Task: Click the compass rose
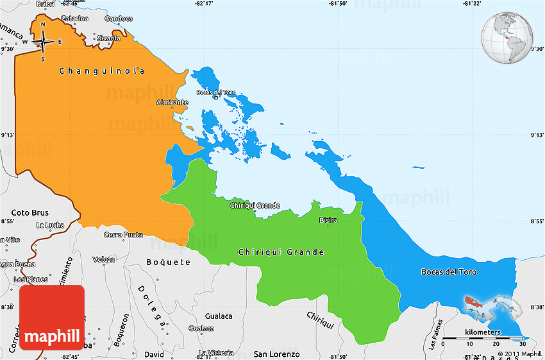coord(43,42)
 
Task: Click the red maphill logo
coord(51,318)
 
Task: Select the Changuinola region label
coord(101,71)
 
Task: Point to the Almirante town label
coord(172,103)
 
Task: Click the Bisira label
coord(328,220)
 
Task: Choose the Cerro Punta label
coord(123,235)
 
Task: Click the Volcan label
coord(104,260)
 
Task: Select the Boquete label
coord(168,262)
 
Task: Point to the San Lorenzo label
coord(276,354)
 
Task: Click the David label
coord(154,354)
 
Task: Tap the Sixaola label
coord(108,39)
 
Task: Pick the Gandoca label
coord(117,19)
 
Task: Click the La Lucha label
coord(49,225)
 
